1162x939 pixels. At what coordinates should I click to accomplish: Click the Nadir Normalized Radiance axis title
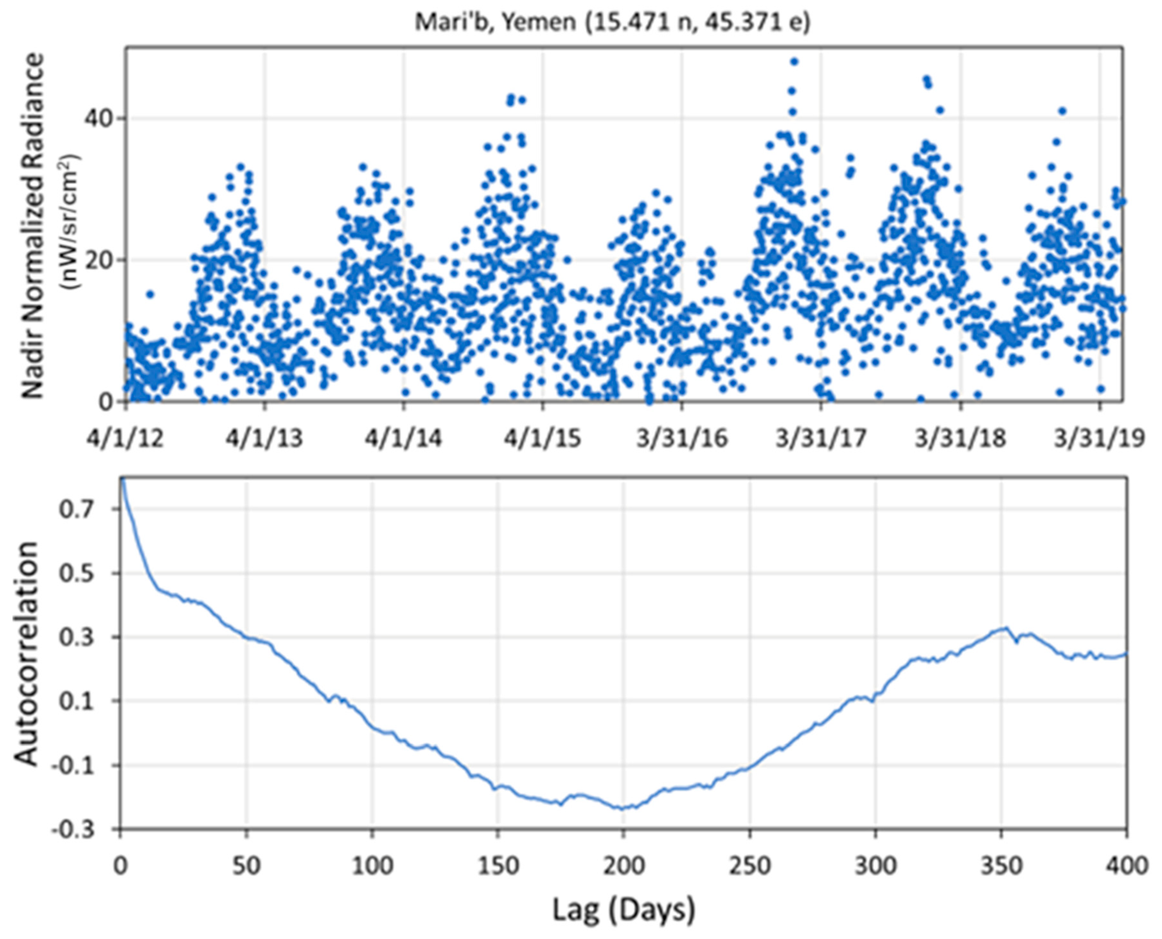tap(33, 225)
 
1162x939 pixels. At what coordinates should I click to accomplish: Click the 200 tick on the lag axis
tap(623, 866)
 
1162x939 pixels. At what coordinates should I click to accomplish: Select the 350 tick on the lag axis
tap(1001, 866)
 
